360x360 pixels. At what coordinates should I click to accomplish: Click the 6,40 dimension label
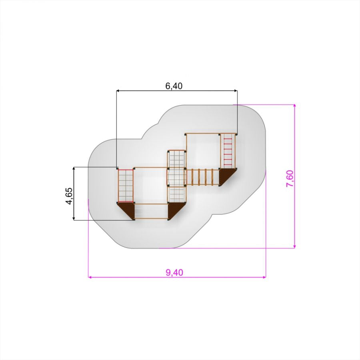click(174, 86)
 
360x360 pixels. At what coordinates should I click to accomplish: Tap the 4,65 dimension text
click(69, 196)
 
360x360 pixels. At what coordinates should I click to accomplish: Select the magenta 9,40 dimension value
click(174, 272)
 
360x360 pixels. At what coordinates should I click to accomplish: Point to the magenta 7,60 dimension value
click(290, 178)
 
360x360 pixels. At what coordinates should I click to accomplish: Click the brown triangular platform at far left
click(128, 208)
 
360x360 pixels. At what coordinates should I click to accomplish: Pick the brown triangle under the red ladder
click(226, 176)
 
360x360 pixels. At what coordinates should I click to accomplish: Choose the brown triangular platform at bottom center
click(174, 209)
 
